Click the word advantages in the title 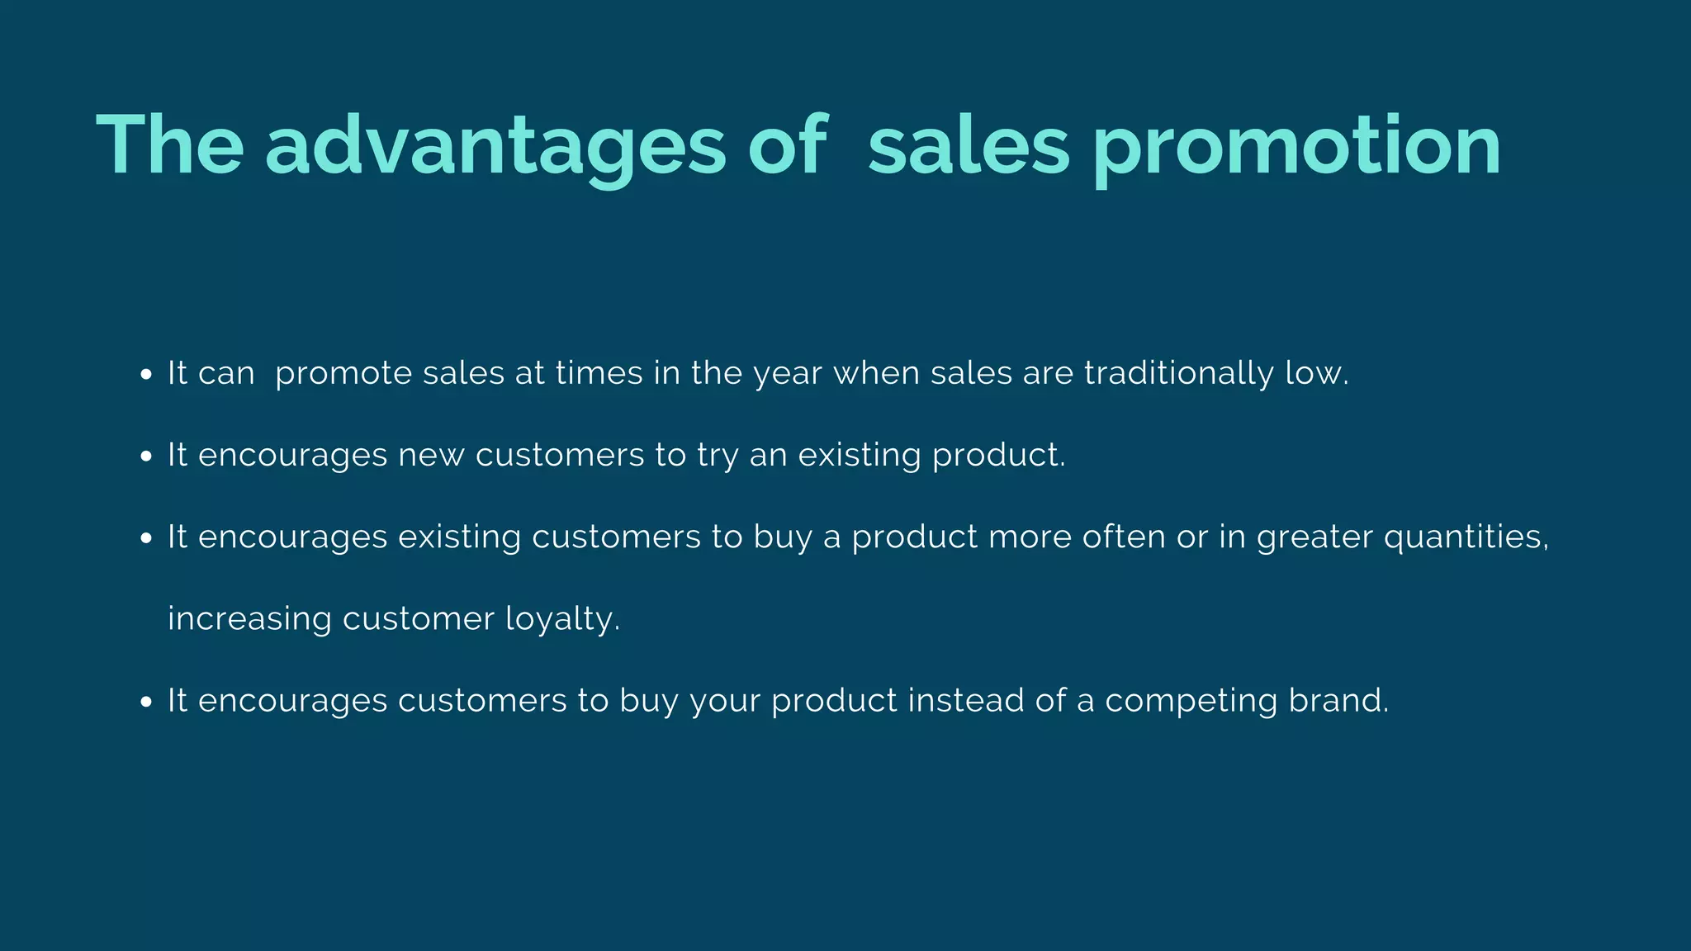[495, 147]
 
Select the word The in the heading [170, 145]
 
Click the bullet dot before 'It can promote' [146, 375]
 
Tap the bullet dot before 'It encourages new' [146, 457]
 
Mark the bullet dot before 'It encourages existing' [146, 538]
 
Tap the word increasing [249, 619]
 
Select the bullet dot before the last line [146, 702]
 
